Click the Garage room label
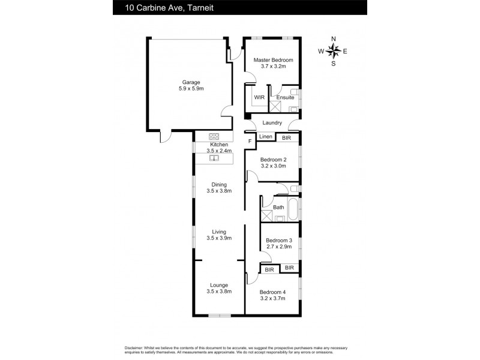click(x=191, y=82)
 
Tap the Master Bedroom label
click(x=273, y=60)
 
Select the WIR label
click(x=259, y=97)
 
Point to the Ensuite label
click(x=285, y=97)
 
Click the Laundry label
click(x=272, y=123)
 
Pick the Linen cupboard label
click(x=266, y=137)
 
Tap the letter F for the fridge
click(x=250, y=141)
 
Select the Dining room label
click(x=218, y=184)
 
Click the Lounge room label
click(x=218, y=285)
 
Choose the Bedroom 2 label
click(x=273, y=160)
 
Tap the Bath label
click(x=278, y=208)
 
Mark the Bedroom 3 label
click(x=278, y=240)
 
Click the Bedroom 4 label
click(x=273, y=292)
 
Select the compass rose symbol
click(x=334, y=51)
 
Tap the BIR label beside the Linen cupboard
click(x=287, y=137)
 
